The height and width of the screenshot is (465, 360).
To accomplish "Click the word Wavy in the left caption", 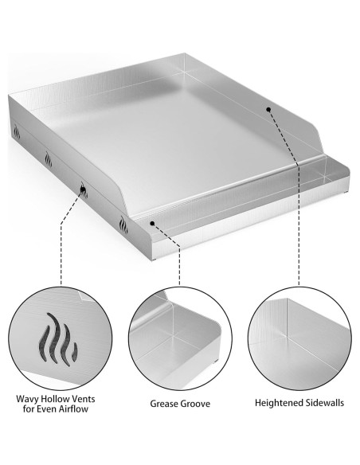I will pyautogui.click(x=29, y=399).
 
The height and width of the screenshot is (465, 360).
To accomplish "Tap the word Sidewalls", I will pyautogui.click(x=324, y=403).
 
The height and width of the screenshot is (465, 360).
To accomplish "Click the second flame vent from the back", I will pyautogui.click(x=47, y=157).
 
